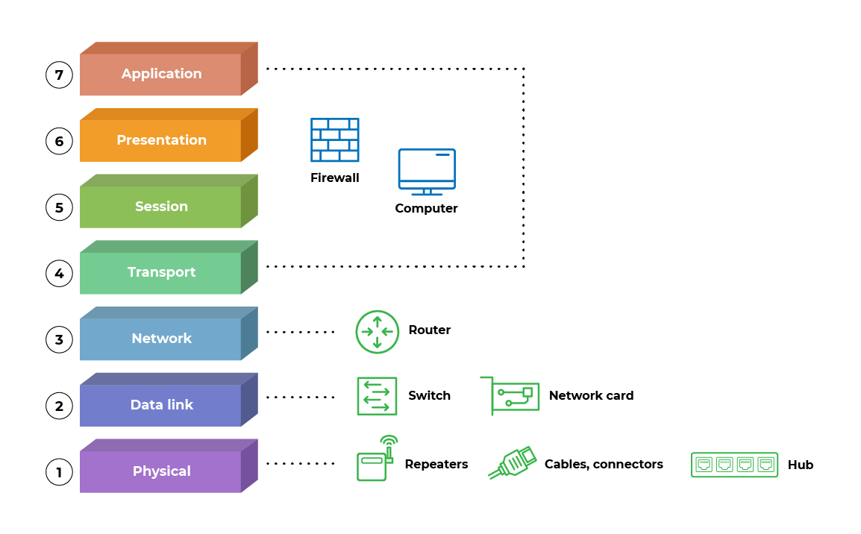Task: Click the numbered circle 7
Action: tap(59, 75)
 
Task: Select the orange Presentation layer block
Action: tap(161, 140)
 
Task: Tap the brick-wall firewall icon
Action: tap(334, 139)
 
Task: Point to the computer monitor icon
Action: tap(427, 171)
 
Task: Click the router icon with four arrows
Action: tap(378, 331)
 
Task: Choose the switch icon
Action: tap(377, 396)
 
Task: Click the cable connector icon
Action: tap(513, 462)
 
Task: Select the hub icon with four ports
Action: tap(734, 465)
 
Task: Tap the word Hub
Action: tap(801, 465)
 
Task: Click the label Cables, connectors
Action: tap(604, 465)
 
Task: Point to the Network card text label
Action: tap(591, 396)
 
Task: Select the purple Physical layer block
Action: tap(161, 471)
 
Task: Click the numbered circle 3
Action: tap(59, 339)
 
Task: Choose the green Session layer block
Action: tap(161, 207)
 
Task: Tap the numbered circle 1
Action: tap(59, 471)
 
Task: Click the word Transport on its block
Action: tap(161, 272)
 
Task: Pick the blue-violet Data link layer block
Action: tap(161, 405)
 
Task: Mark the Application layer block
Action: tap(161, 74)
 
